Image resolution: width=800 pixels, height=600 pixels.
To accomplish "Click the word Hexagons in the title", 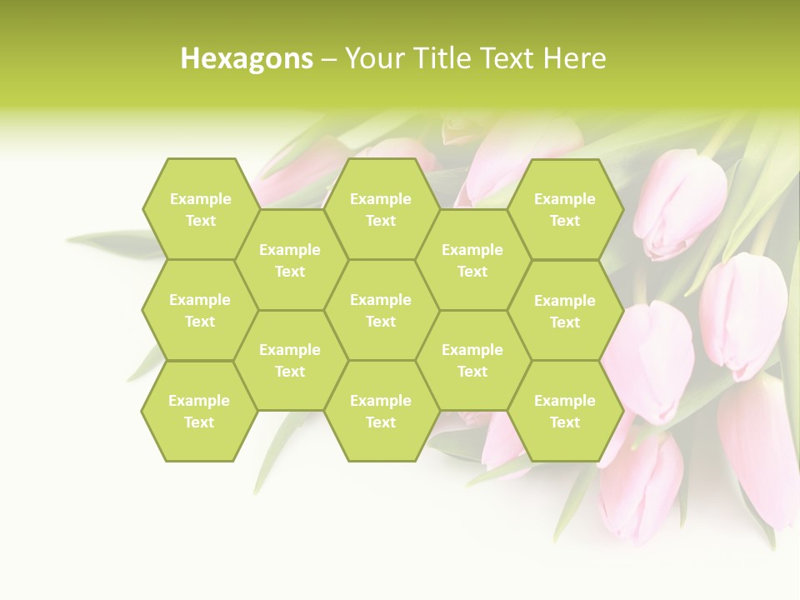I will (247, 58).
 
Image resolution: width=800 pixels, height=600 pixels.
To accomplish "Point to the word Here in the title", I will (575, 58).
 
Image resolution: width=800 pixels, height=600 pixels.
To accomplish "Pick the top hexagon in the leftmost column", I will (201, 209).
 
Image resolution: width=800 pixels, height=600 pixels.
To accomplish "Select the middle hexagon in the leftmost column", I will (200, 310).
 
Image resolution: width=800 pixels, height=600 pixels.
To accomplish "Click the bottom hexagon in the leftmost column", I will (199, 411).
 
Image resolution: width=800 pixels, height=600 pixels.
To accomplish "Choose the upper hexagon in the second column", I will (290, 260).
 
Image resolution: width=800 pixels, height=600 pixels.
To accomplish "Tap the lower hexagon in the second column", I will (290, 360).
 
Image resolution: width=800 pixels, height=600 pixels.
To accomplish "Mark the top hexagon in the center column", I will (381, 209).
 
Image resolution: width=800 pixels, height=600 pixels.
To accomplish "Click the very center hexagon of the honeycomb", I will (381, 310).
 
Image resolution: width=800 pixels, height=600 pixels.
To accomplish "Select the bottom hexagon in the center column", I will (381, 411).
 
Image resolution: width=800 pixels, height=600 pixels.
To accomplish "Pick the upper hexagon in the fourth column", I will (472, 260).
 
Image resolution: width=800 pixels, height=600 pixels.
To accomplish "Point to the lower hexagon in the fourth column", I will (472, 360).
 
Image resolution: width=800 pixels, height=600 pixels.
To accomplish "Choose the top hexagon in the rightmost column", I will (565, 209).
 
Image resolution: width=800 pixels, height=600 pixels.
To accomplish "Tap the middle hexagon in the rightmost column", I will (565, 311).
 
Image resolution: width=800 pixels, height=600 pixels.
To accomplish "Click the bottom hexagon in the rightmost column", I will (565, 411).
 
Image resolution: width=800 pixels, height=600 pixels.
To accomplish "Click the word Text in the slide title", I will (507, 58).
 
